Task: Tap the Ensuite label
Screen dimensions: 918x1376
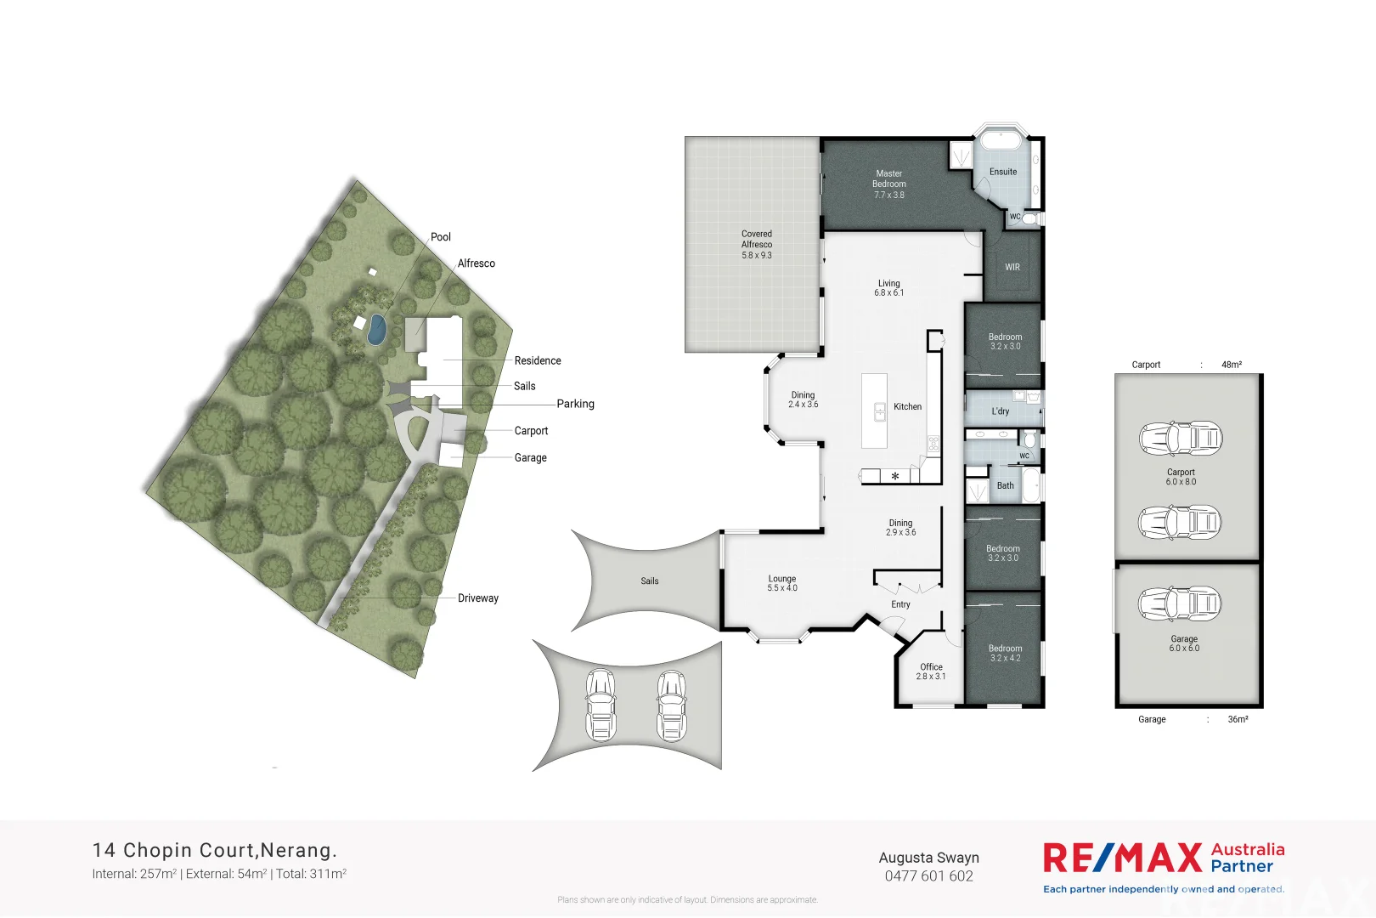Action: click(x=1003, y=172)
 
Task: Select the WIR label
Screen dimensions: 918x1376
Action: click(x=1012, y=267)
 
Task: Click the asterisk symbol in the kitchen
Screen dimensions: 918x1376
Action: click(x=894, y=477)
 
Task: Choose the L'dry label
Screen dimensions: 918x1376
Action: click(x=1001, y=411)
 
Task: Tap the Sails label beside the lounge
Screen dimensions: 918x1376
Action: click(x=650, y=581)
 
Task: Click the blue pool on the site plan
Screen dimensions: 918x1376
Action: click(x=375, y=329)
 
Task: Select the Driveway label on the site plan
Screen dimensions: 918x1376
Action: click(x=478, y=598)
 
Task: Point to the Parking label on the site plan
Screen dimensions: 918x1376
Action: click(x=575, y=404)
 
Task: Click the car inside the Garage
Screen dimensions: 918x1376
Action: click(x=1180, y=603)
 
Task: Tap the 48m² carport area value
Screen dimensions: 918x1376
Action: click(x=1232, y=365)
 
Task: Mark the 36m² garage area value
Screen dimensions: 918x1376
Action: click(x=1238, y=719)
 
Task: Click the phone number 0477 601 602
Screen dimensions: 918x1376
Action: click(x=929, y=876)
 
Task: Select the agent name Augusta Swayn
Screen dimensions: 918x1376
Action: click(x=929, y=858)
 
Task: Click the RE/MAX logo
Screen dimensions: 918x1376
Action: click(x=1122, y=858)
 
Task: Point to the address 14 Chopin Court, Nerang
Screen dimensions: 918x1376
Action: click(x=215, y=850)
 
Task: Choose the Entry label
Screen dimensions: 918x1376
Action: click(x=900, y=604)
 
